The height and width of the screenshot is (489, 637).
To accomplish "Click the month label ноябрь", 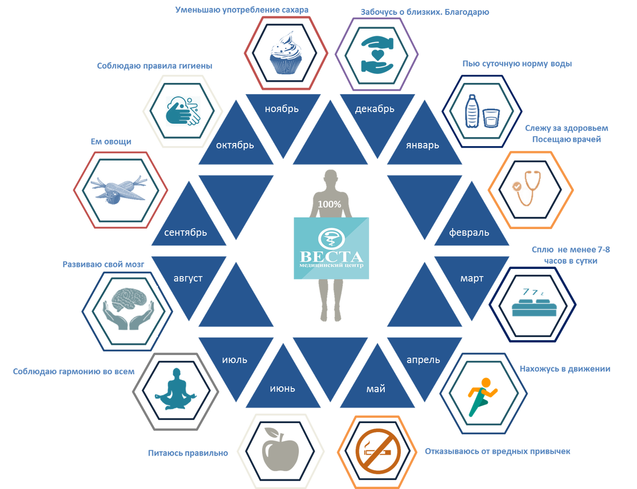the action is coord(282,109).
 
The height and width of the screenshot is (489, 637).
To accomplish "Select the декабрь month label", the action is coord(374,109).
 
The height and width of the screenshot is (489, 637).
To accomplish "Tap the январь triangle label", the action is coord(423,145).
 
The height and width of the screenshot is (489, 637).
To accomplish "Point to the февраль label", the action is coord(469,233).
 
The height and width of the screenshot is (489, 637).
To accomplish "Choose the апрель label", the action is coord(423,360).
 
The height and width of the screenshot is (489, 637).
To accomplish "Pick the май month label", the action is coord(376,389).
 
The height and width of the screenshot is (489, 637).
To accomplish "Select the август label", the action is coord(188,278).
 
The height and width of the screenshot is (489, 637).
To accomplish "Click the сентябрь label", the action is coord(186,233).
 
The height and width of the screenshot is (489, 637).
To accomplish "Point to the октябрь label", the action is coord(235,145).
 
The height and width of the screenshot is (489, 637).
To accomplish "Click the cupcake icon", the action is coord(286,53).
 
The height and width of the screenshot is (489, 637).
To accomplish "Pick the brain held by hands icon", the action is coord(128,311).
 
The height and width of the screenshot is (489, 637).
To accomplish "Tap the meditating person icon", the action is coord(175,391).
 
